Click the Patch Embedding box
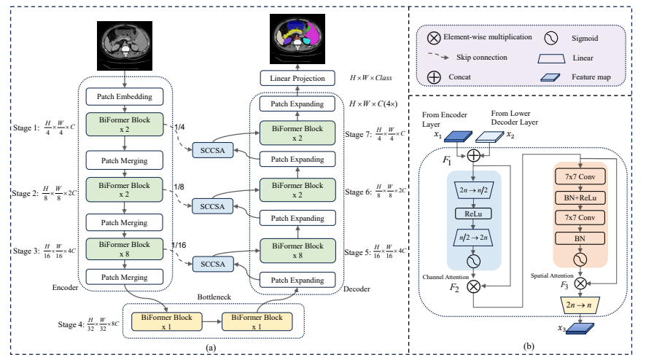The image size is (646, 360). coord(125,96)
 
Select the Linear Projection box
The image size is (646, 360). coord(297,78)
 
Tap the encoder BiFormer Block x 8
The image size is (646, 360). coord(125,249)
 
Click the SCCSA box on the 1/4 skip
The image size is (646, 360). coord(213,150)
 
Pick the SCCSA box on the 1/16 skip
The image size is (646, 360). coord(213,264)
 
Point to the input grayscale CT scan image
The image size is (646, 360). coord(125,46)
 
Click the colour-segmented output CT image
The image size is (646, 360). coord(297,39)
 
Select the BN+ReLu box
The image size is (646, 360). coord(580,197)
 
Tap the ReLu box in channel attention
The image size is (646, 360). coord(473,214)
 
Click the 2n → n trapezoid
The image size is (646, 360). coord(580,305)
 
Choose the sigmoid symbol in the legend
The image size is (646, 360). coord(550,39)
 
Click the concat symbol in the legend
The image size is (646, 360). coord(434,77)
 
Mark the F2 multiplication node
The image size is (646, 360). coord(474,286)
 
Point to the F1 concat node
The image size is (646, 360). coord(474,155)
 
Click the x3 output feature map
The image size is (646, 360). coord(580,328)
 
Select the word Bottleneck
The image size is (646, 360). coord(214,297)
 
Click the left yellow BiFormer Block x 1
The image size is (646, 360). coord(166,321)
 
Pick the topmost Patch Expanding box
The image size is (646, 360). coord(297,103)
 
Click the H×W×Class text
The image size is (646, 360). coord(371,78)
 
